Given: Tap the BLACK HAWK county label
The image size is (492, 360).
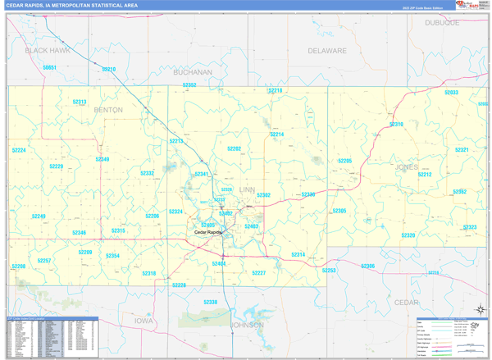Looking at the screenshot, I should point(48,50).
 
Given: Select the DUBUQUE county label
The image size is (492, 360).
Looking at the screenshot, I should point(444,23).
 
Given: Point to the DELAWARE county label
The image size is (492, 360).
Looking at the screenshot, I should point(327,50).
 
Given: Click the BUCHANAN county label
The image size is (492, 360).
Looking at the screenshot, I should point(192,72).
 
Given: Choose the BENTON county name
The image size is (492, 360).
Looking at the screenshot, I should point(108,109).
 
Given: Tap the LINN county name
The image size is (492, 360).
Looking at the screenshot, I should point(247,189).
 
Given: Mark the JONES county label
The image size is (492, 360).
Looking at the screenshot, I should point(407,166).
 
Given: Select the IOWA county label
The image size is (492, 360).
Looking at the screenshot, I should point(144,321).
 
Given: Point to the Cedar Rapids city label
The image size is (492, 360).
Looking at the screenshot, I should point(208,232).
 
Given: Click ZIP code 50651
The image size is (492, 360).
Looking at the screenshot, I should point(49,67).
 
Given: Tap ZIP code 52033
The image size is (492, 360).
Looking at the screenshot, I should point(451,93).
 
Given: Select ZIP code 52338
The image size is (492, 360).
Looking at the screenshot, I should point(211,303).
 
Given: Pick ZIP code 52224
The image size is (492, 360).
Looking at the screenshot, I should point(19,151).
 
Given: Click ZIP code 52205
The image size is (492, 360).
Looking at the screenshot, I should point(345,161).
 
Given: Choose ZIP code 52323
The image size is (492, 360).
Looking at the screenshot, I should point(469,227).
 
